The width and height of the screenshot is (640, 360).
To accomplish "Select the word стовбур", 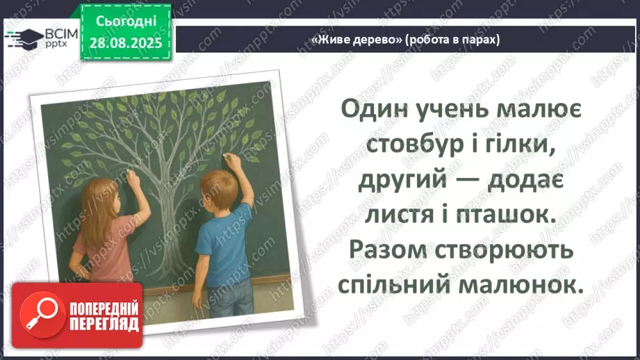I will click(411, 146).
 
